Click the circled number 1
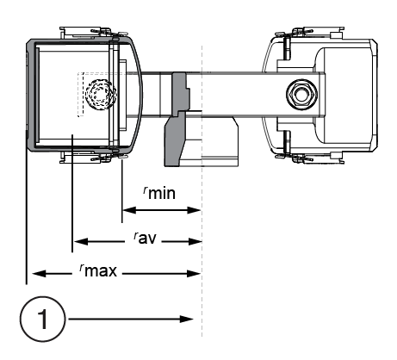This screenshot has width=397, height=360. click(42, 318)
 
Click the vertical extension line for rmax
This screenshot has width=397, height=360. click(28, 215)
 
